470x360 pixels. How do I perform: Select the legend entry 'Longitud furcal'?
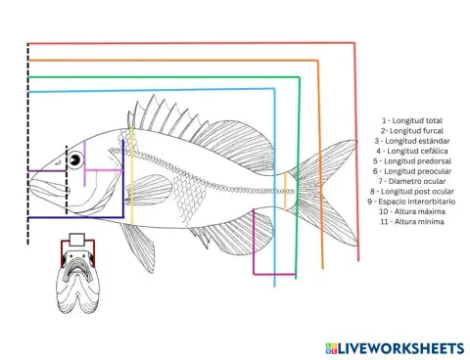[412, 131]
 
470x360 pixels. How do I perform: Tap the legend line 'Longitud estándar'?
[412, 141]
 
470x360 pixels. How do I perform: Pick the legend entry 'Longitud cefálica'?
[412, 151]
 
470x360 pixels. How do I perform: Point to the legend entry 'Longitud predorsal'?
[412, 161]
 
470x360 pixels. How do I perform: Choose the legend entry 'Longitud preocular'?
[412, 171]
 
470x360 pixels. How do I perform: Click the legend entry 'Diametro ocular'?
[412, 181]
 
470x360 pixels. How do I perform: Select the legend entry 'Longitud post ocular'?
[412, 192]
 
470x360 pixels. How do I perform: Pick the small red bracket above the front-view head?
[79, 241]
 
